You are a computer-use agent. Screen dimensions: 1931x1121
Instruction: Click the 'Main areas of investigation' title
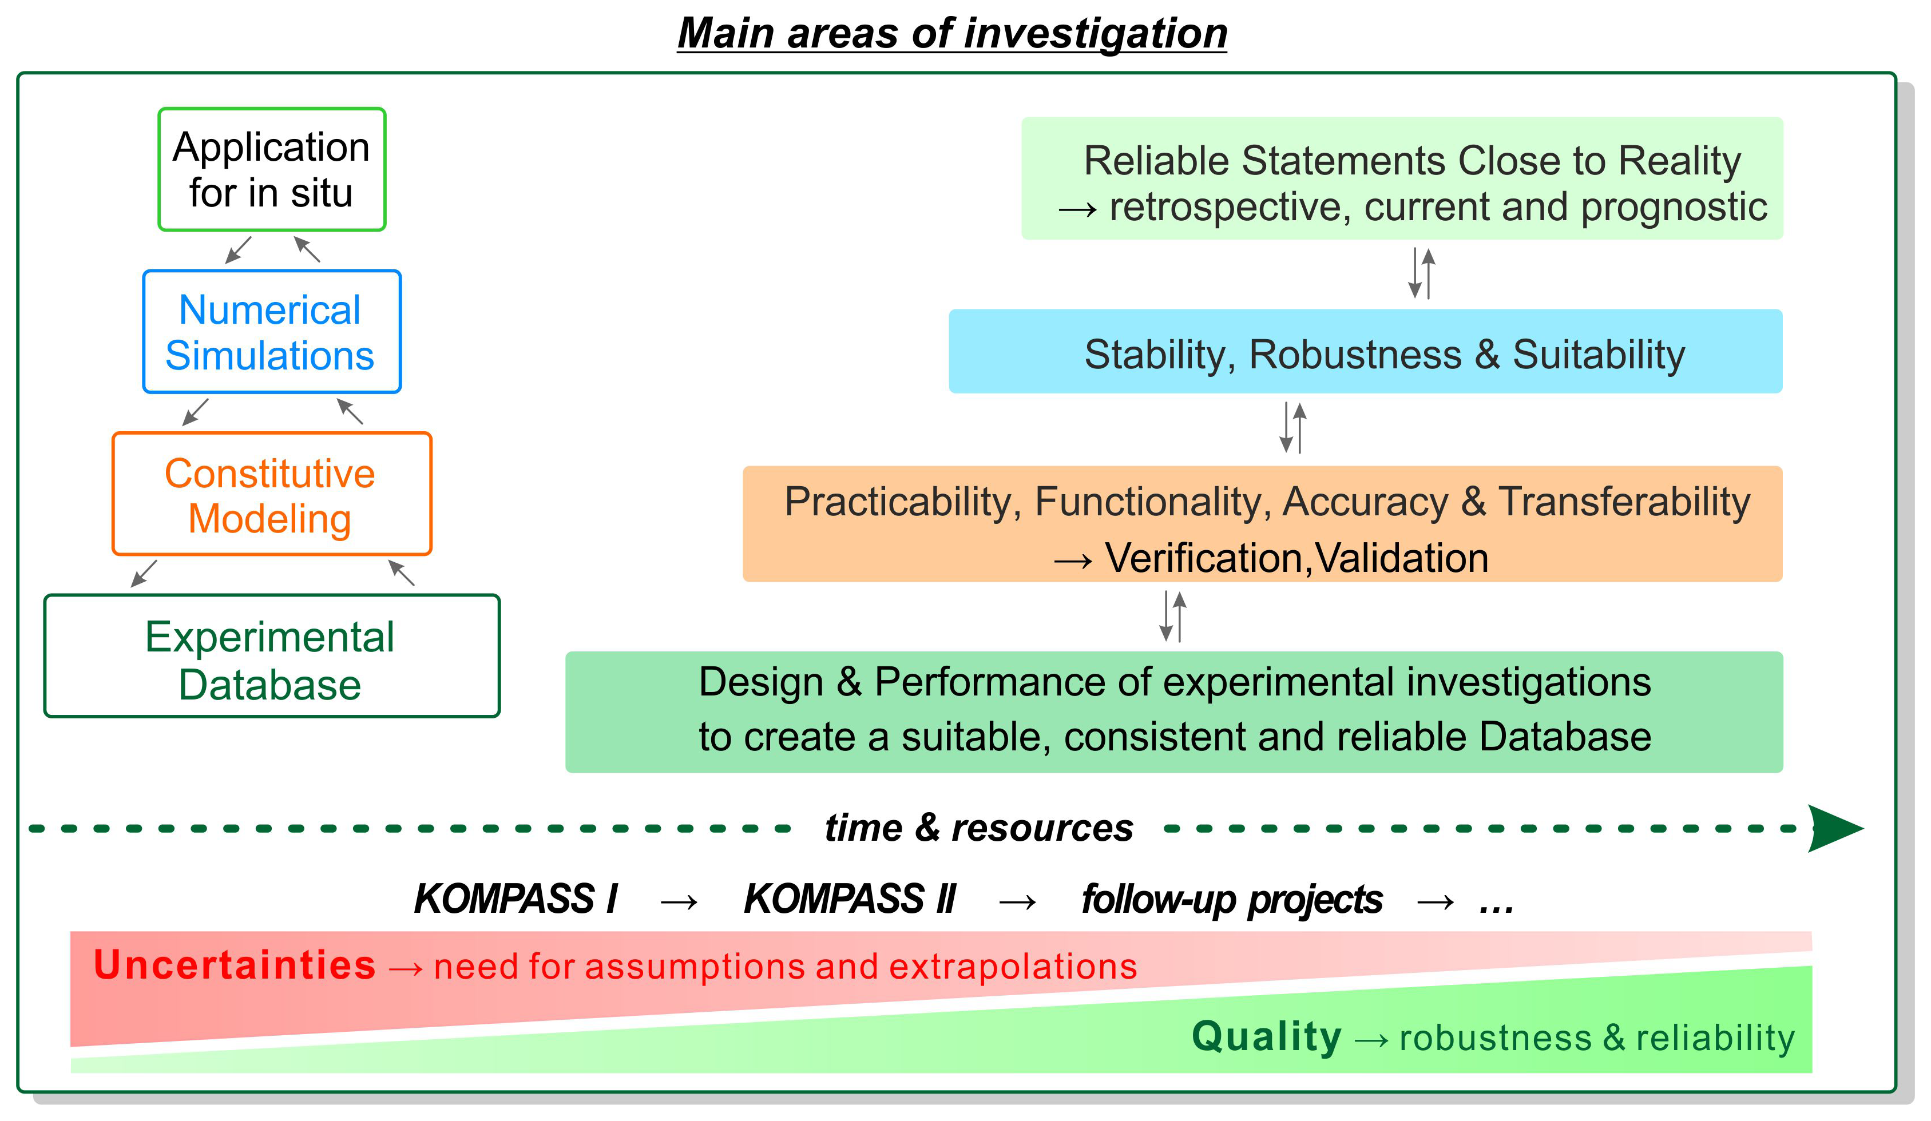953,33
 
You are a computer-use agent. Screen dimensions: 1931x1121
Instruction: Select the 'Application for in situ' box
272,169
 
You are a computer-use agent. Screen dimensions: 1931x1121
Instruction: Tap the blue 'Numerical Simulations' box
272,332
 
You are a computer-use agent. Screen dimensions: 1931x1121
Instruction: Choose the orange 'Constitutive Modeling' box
272,494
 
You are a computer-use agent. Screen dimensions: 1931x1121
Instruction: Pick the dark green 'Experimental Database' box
272,657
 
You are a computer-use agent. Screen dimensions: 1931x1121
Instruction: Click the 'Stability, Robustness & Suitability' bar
1366,352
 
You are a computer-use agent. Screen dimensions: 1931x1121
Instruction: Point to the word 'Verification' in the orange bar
1204,558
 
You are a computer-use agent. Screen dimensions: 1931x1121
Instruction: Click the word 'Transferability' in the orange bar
1624,502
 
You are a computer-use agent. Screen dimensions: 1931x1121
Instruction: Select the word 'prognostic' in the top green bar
1674,208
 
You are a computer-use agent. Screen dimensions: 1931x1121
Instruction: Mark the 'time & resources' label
978,828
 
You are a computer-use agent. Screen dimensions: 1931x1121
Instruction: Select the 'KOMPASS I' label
516,899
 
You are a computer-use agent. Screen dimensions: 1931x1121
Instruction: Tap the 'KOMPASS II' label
850,899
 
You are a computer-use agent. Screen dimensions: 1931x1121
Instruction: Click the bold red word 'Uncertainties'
235,965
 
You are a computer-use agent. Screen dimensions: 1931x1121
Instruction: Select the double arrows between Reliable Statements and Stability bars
1421,273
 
